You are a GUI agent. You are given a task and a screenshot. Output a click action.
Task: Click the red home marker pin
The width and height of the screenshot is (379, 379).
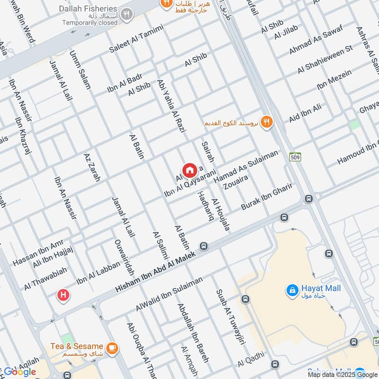coord(189,171)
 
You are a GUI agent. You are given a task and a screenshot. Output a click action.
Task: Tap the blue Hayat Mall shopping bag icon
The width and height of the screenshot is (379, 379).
coord(292,289)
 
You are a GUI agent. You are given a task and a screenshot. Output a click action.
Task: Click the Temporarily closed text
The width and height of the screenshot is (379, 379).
coord(89,22)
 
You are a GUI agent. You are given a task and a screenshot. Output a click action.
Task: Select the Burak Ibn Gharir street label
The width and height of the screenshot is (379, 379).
coord(267,198)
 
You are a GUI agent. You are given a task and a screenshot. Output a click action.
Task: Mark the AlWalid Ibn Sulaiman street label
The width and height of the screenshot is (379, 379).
coord(169,294)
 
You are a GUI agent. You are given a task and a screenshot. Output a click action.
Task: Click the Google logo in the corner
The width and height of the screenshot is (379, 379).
coord(20,371)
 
